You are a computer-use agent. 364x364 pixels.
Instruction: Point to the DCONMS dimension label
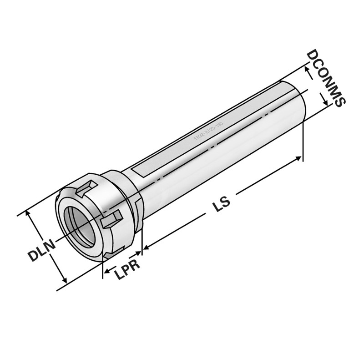(x=326, y=77)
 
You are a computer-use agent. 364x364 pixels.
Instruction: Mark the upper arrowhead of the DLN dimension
(x=30, y=213)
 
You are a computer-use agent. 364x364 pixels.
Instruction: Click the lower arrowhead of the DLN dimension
(x=65, y=279)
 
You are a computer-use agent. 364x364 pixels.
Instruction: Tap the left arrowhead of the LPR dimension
(x=105, y=273)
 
